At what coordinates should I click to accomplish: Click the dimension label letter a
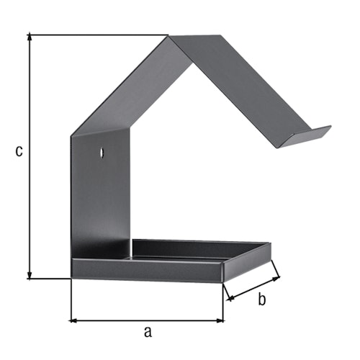148,332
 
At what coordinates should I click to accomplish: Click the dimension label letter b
262,300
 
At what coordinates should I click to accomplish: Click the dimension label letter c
19,151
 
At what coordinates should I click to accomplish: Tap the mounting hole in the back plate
102,152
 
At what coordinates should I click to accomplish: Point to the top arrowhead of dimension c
30,37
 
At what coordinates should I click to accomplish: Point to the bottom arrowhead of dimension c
30,275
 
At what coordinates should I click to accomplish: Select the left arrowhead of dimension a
73,320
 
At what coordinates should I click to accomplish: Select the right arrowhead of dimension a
220,320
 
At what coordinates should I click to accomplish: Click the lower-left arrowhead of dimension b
231,298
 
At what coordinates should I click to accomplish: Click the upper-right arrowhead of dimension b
276,279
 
